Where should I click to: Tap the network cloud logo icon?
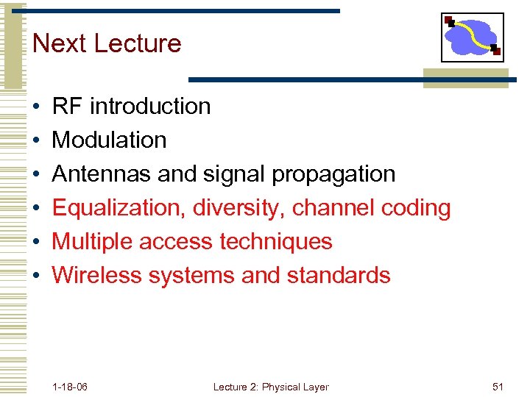tap(472, 37)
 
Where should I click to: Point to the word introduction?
tap(150, 107)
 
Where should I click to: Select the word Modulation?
tap(110, 140)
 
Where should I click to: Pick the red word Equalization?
tap(118, 209)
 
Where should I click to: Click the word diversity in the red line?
tap(239, 209)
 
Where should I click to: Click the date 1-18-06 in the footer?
tap(70, 387)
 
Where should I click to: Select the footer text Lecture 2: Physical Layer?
tap(271, 387)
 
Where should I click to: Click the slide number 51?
tap(497, 387)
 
